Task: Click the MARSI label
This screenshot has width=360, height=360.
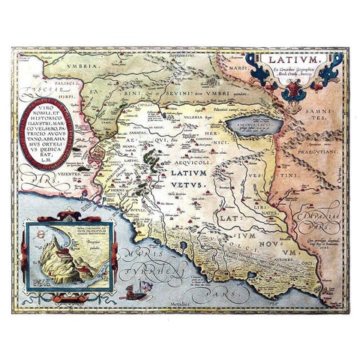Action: click(247, 62)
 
